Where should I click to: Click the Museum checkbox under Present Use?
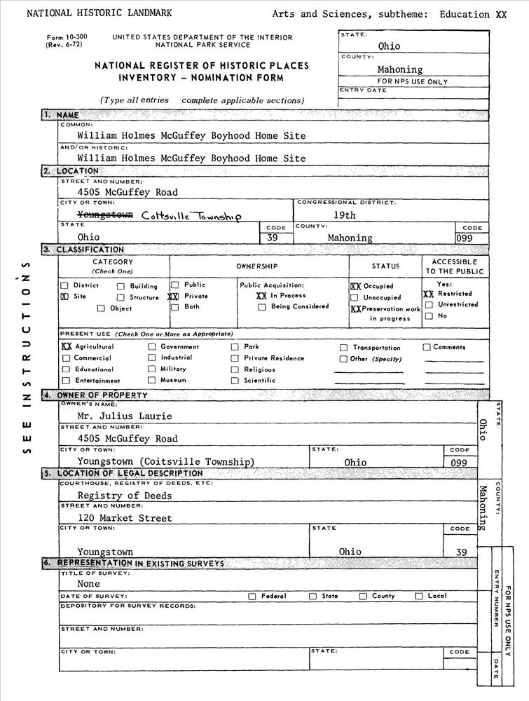[151, 380]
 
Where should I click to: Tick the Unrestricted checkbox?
[429, 305]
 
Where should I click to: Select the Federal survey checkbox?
[252, 597]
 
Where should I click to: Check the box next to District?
[64, 286]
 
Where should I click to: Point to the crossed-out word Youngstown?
[105, 215]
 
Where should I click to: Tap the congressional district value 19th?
[344, 215]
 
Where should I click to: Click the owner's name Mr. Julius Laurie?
[124, 416]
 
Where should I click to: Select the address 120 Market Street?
[124, 519]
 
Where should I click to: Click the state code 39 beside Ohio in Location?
[273, 238]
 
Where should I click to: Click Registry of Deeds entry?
[124, 496]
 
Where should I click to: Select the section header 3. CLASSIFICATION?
[83, 250]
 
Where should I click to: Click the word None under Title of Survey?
[88, 583]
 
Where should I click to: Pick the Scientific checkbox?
[235, 380]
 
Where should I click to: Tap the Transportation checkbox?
[344, 348]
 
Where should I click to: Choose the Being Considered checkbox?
[262, 306]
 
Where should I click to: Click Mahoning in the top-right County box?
[400, 69]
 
